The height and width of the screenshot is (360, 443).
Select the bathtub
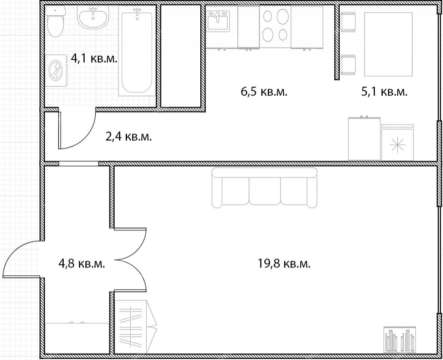[137, 51]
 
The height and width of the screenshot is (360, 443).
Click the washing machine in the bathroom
[57, 70]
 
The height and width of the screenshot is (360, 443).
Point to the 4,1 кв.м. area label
[94, 59]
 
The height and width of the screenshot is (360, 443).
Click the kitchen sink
[218, 21]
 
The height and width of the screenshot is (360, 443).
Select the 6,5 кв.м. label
[264, 92]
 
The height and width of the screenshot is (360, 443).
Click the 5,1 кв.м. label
[384, 92]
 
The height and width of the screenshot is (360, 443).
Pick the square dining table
[388, 44]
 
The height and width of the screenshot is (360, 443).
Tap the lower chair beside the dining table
[348, 65]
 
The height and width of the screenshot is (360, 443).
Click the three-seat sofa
[264, 188]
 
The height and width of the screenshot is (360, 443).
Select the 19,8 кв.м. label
[284, 264]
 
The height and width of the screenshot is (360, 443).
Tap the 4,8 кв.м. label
[82, 264]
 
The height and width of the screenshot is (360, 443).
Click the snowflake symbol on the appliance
[397, 144]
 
